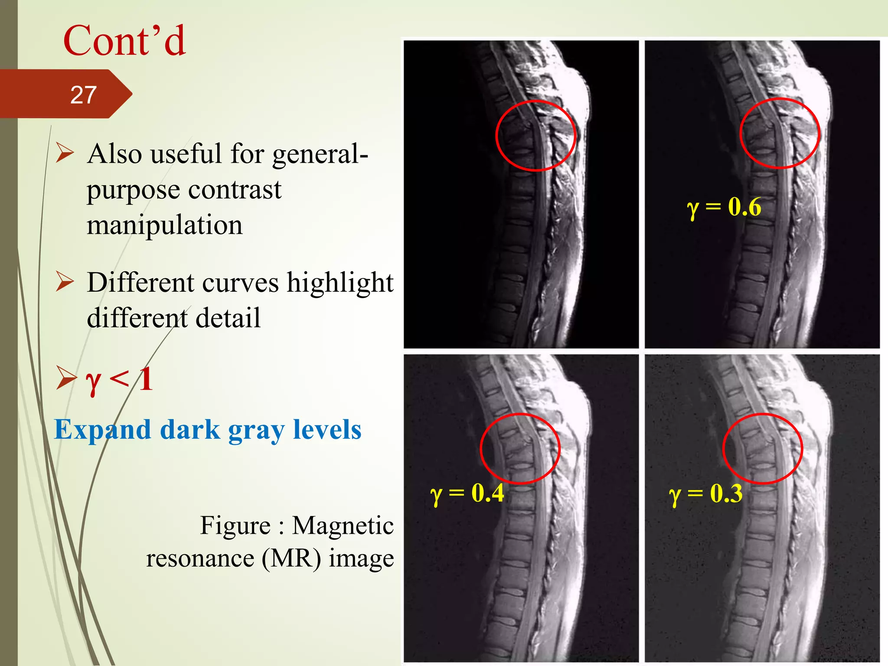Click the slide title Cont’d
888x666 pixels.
point(124,41)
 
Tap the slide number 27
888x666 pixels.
point(83,95)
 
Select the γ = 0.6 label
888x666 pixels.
point(724,207)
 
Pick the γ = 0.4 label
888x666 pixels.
point(467,493)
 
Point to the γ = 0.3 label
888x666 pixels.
point(705,494)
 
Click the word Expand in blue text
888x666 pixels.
point(102,430)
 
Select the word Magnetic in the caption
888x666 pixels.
point(343,526)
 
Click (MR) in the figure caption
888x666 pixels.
point(291,558)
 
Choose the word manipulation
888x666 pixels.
point(165,225)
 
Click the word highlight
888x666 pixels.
point(340,283)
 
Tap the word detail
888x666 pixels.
point(228,318)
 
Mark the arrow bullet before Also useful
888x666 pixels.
point(65,153)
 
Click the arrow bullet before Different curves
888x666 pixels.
point(65,282)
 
